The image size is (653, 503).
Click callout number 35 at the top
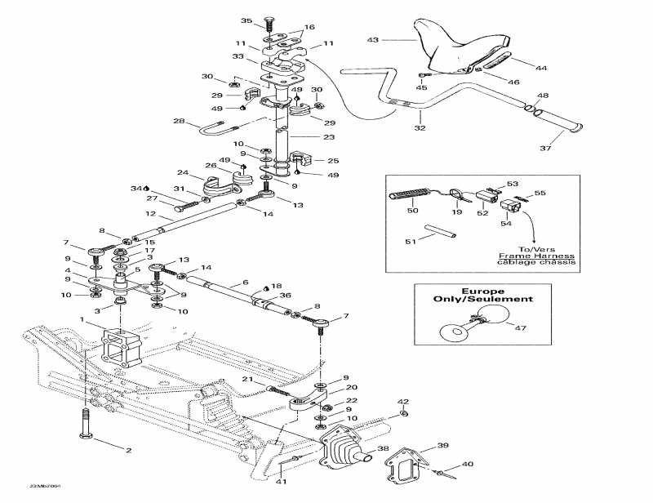[247, 20]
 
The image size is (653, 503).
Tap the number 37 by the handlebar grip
[546, 148]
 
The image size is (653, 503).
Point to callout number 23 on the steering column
[306, 137]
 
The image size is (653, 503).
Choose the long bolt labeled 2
[85, 427]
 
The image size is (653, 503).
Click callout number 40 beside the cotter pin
[467, 464]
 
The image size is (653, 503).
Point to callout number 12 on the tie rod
[151, 214]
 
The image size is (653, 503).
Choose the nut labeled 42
[403, 414]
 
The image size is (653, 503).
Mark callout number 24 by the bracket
[183, 173]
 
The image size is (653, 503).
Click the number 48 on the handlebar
[543, 96]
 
